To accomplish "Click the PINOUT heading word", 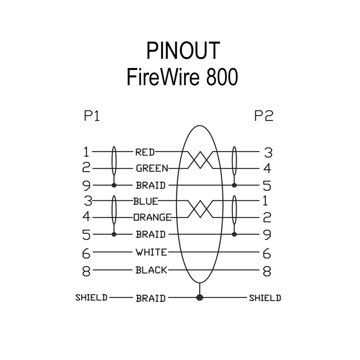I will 182,51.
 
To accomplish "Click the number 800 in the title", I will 222,77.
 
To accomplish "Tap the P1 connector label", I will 91,116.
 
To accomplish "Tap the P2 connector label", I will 264,116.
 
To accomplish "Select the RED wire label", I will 145,152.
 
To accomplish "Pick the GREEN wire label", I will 152,168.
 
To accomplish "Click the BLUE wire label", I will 146,201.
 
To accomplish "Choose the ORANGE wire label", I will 152,217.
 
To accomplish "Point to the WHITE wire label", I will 151,252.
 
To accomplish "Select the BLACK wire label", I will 151,270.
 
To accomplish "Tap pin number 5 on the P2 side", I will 267,186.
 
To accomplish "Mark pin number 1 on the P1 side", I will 86,152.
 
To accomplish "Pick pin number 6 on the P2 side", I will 267,253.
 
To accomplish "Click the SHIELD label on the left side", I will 91,298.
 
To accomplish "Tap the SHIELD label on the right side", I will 265,298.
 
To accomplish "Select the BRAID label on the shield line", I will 150,298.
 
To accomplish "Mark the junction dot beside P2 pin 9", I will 234,234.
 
